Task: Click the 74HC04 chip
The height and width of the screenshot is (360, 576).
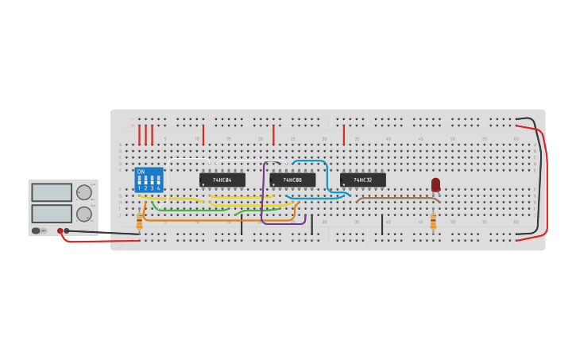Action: pyautogui.click(x=222, y=180)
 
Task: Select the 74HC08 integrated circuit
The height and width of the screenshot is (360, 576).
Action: pyautogui.click(x=292, y=180)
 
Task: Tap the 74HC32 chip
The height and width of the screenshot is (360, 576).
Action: pyautogui.click(x=362, y=180)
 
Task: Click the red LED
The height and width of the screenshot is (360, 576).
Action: pyautogui.click(x=435, y=184)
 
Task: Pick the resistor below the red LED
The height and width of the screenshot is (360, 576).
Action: pyautogui.click(x=433, y=222)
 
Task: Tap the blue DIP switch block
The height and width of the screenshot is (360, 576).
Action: pyautogui.click(x=149, y=180)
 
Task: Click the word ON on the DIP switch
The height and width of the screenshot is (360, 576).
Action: pyautogui.click(x=141, y=172)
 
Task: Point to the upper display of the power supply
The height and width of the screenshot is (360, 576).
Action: pyautogui.click(x=52, y=192)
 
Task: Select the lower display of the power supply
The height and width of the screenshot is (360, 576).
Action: pyautogui.click(x=52, y=213)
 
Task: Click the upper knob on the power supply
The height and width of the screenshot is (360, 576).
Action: pyautogui.click(x=83, y=192)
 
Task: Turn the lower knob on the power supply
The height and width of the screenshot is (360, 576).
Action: pyautogui.click(x=83, y=214)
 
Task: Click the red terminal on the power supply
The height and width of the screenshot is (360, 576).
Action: pyautogui.click(x=60, y=230)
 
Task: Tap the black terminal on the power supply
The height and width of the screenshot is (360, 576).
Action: pyautogui.click(x=67, y=230)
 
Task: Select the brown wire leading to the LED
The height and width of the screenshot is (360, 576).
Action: pyautogui.click(x=397, y=197)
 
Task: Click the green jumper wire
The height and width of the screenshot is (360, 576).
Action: pyautogui.click(x=191, y=210)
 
